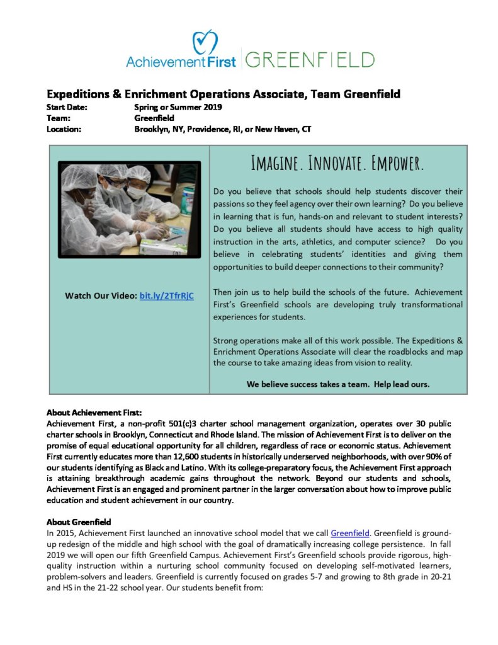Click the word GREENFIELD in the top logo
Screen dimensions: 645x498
point(310,60)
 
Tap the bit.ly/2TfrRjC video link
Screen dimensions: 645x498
point(167,295)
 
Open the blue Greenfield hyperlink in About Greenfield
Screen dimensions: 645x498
point(349,533)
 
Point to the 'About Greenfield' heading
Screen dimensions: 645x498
point(79,522)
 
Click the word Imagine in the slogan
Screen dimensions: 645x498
point(274,163)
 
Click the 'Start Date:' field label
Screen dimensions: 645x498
point(67,107)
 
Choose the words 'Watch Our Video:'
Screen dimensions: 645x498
point(100,295)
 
